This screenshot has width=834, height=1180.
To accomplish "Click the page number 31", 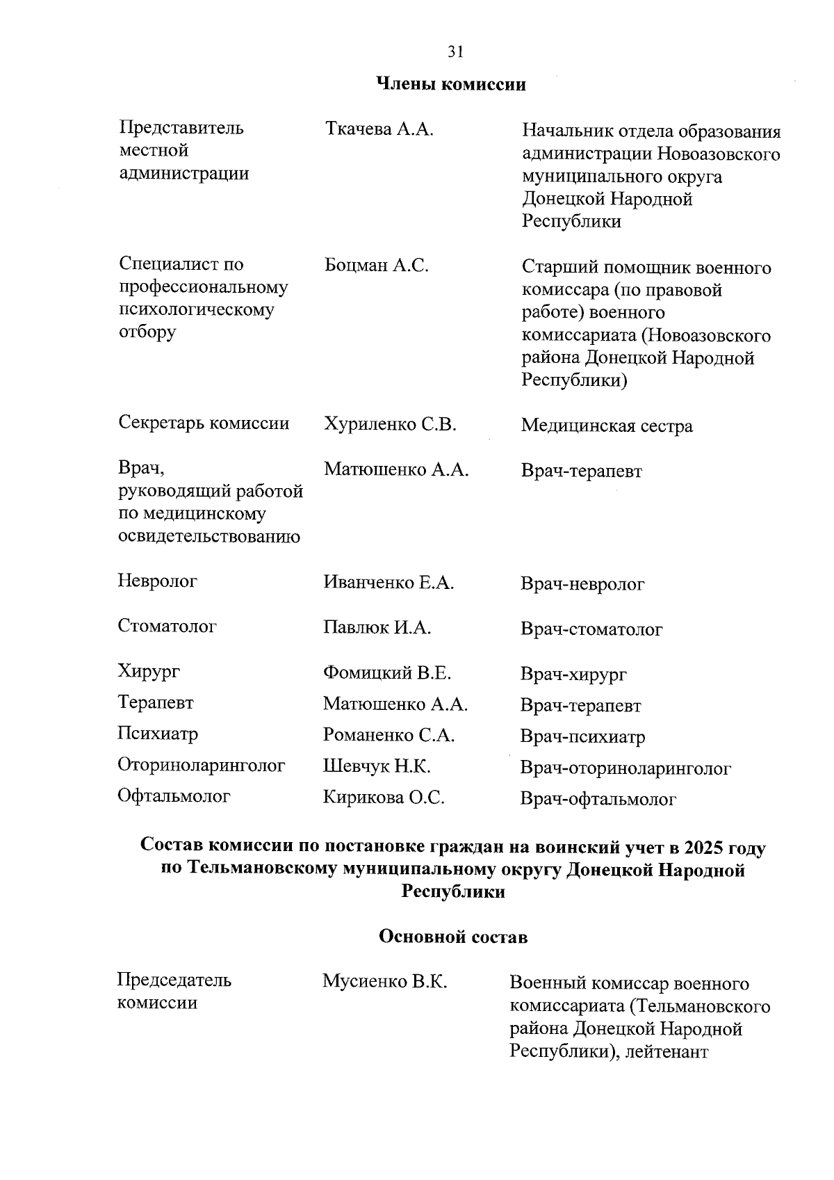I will (x=455, y=51).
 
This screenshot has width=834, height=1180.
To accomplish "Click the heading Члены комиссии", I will (x=450, y=85).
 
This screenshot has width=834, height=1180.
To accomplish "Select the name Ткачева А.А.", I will (x=379, y=129).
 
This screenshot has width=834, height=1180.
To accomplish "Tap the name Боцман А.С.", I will (x=376, y=265).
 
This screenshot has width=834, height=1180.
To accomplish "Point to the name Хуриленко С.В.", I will (x=390, y=424).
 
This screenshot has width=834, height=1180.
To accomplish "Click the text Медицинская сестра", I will (x=607, y=426).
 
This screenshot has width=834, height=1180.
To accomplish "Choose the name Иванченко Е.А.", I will (x=389, y=583).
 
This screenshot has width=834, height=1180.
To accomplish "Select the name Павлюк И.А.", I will (x=377, y=628).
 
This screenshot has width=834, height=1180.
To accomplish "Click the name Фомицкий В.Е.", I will (x=387, y=673).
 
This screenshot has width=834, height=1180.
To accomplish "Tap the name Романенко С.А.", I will (x=389, y=735).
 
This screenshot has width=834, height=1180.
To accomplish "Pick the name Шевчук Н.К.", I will (x=377, y=766).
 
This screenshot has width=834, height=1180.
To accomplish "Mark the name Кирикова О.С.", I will (x=384, y=798).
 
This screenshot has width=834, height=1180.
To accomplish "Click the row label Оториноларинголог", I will (x=202, y=766).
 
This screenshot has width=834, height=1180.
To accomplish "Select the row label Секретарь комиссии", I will (x=204, y=423).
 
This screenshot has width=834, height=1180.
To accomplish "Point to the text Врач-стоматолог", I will (x=591, y=629).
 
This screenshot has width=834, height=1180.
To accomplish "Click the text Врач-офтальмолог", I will (x=598, y=800).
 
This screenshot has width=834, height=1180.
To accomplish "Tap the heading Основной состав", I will (x=453, y=937).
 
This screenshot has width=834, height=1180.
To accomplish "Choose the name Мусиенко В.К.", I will (x=384, y=981).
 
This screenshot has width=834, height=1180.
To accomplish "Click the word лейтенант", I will (x=667, y=1051).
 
